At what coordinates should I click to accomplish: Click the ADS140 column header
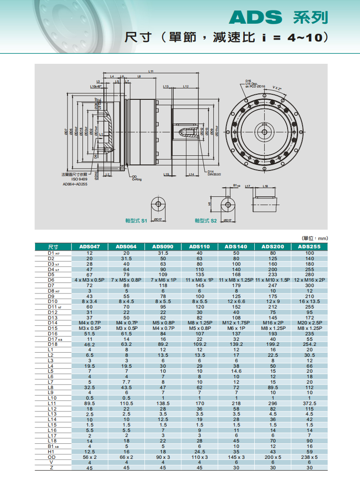[236, 247]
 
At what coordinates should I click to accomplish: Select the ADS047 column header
[89, 247]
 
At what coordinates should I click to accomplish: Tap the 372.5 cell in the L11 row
[309, 403]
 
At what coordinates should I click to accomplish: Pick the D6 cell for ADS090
[163, 280]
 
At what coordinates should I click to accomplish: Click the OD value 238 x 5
[309, 457]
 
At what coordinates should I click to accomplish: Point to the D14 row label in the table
[53, 323]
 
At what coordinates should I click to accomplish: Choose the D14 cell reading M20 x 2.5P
[309, 323]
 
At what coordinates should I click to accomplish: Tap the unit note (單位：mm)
[315, 238]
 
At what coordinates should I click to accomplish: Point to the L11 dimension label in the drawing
[151, 72]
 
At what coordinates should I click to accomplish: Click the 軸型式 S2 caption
[206, 221]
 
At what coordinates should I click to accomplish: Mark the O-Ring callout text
[137, 180]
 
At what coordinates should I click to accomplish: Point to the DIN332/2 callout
[214, 175]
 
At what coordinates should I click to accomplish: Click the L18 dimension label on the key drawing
[265, 186]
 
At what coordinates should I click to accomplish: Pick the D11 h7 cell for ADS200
[273, 307]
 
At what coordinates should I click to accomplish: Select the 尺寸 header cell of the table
[53, 247]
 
